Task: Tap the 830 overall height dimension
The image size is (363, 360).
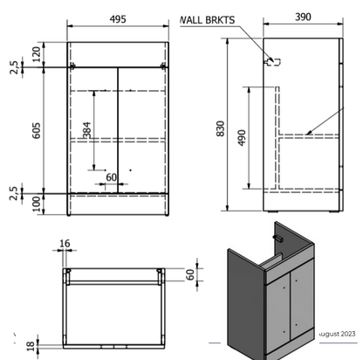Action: (221, 128)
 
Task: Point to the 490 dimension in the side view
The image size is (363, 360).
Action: (243, 138)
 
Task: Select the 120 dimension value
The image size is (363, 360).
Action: (36, 53)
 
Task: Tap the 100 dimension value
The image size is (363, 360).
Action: (36, 203)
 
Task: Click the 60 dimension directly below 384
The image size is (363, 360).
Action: (111, 178)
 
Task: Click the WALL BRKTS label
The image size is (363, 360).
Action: (207, 20)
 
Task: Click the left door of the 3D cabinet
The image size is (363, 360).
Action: (278, 306)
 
